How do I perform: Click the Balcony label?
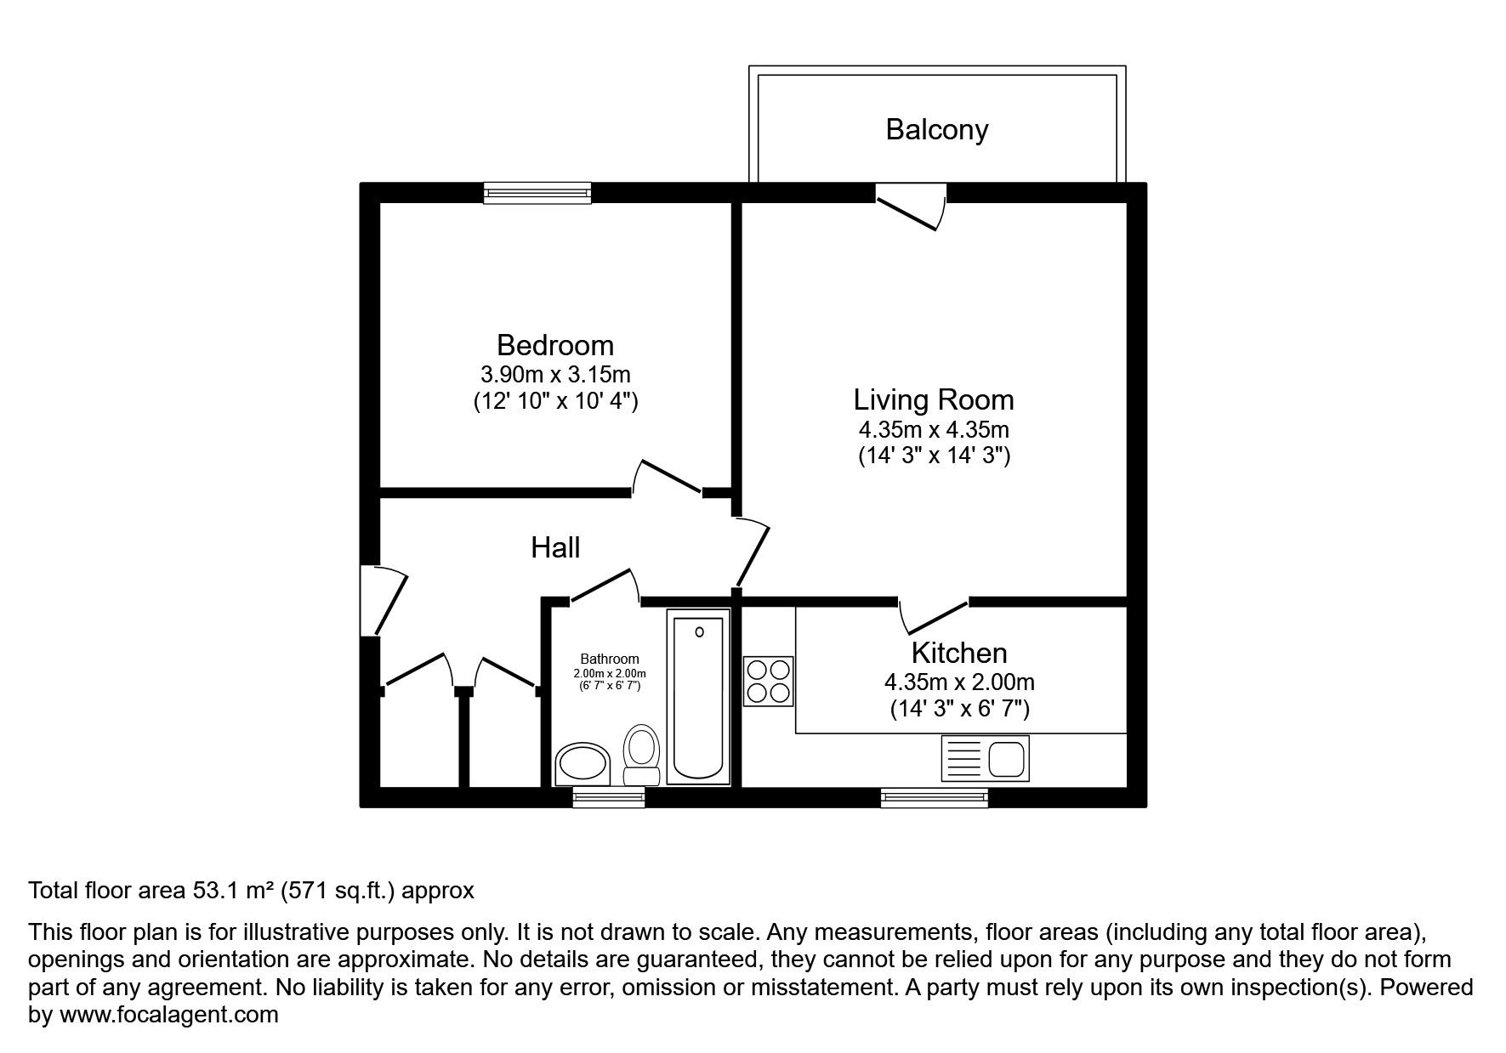pos(936,129)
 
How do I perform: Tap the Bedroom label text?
pos(554,345)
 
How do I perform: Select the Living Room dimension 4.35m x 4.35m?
pos(934,429)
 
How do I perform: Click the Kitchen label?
pos(959,653)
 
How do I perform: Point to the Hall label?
pos(555,547)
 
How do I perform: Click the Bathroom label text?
pos(609,659)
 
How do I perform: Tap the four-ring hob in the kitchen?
pos(768,682)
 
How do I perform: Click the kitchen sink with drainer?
pos(986,759)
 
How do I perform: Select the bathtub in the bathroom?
pos(698,697)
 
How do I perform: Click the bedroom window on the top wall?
pos(537,193)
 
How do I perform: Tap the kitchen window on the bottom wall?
pos(934,797)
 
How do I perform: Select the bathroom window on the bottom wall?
pos(608,797)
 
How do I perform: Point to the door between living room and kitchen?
pos(934,616)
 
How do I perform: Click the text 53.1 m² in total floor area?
pos(231,891)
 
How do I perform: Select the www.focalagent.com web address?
pos(168,1015)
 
